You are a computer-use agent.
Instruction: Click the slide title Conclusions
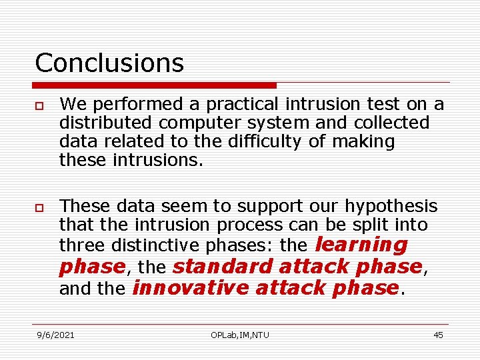pos(109,63)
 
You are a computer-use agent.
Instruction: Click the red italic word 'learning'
pos(360,244)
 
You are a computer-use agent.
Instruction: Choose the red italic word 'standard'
pos(223,266)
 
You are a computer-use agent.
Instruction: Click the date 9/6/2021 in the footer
pos(55,335)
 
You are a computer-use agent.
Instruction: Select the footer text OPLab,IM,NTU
pos(239,335)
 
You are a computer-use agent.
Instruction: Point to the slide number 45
pos(438,335)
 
